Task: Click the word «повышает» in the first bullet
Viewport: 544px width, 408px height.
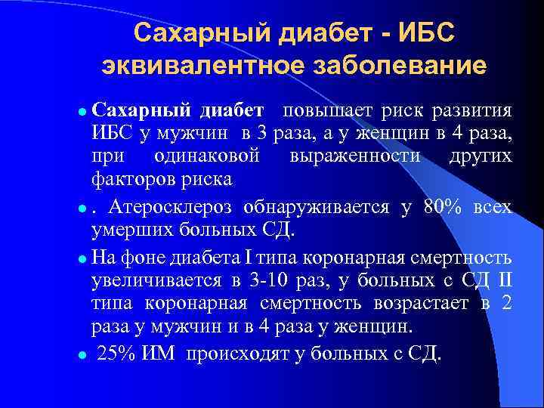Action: click(326, 112)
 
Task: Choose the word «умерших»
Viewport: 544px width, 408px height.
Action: click(123, 230)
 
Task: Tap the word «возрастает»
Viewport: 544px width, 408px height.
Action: click(417, 304)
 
